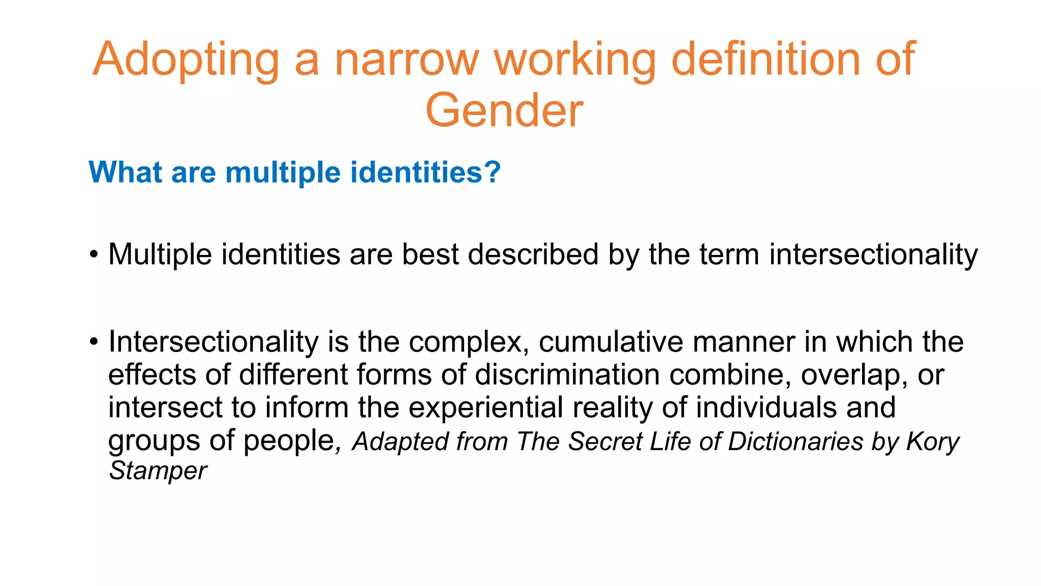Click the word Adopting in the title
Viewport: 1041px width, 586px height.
(x=186, y=60)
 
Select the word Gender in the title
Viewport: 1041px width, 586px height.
(x=504, y=111)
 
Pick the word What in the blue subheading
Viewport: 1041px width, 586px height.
(x=126, y=172)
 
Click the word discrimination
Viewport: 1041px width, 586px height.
(x=567, y=374)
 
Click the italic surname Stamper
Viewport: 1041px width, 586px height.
(x=158, y=471)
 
